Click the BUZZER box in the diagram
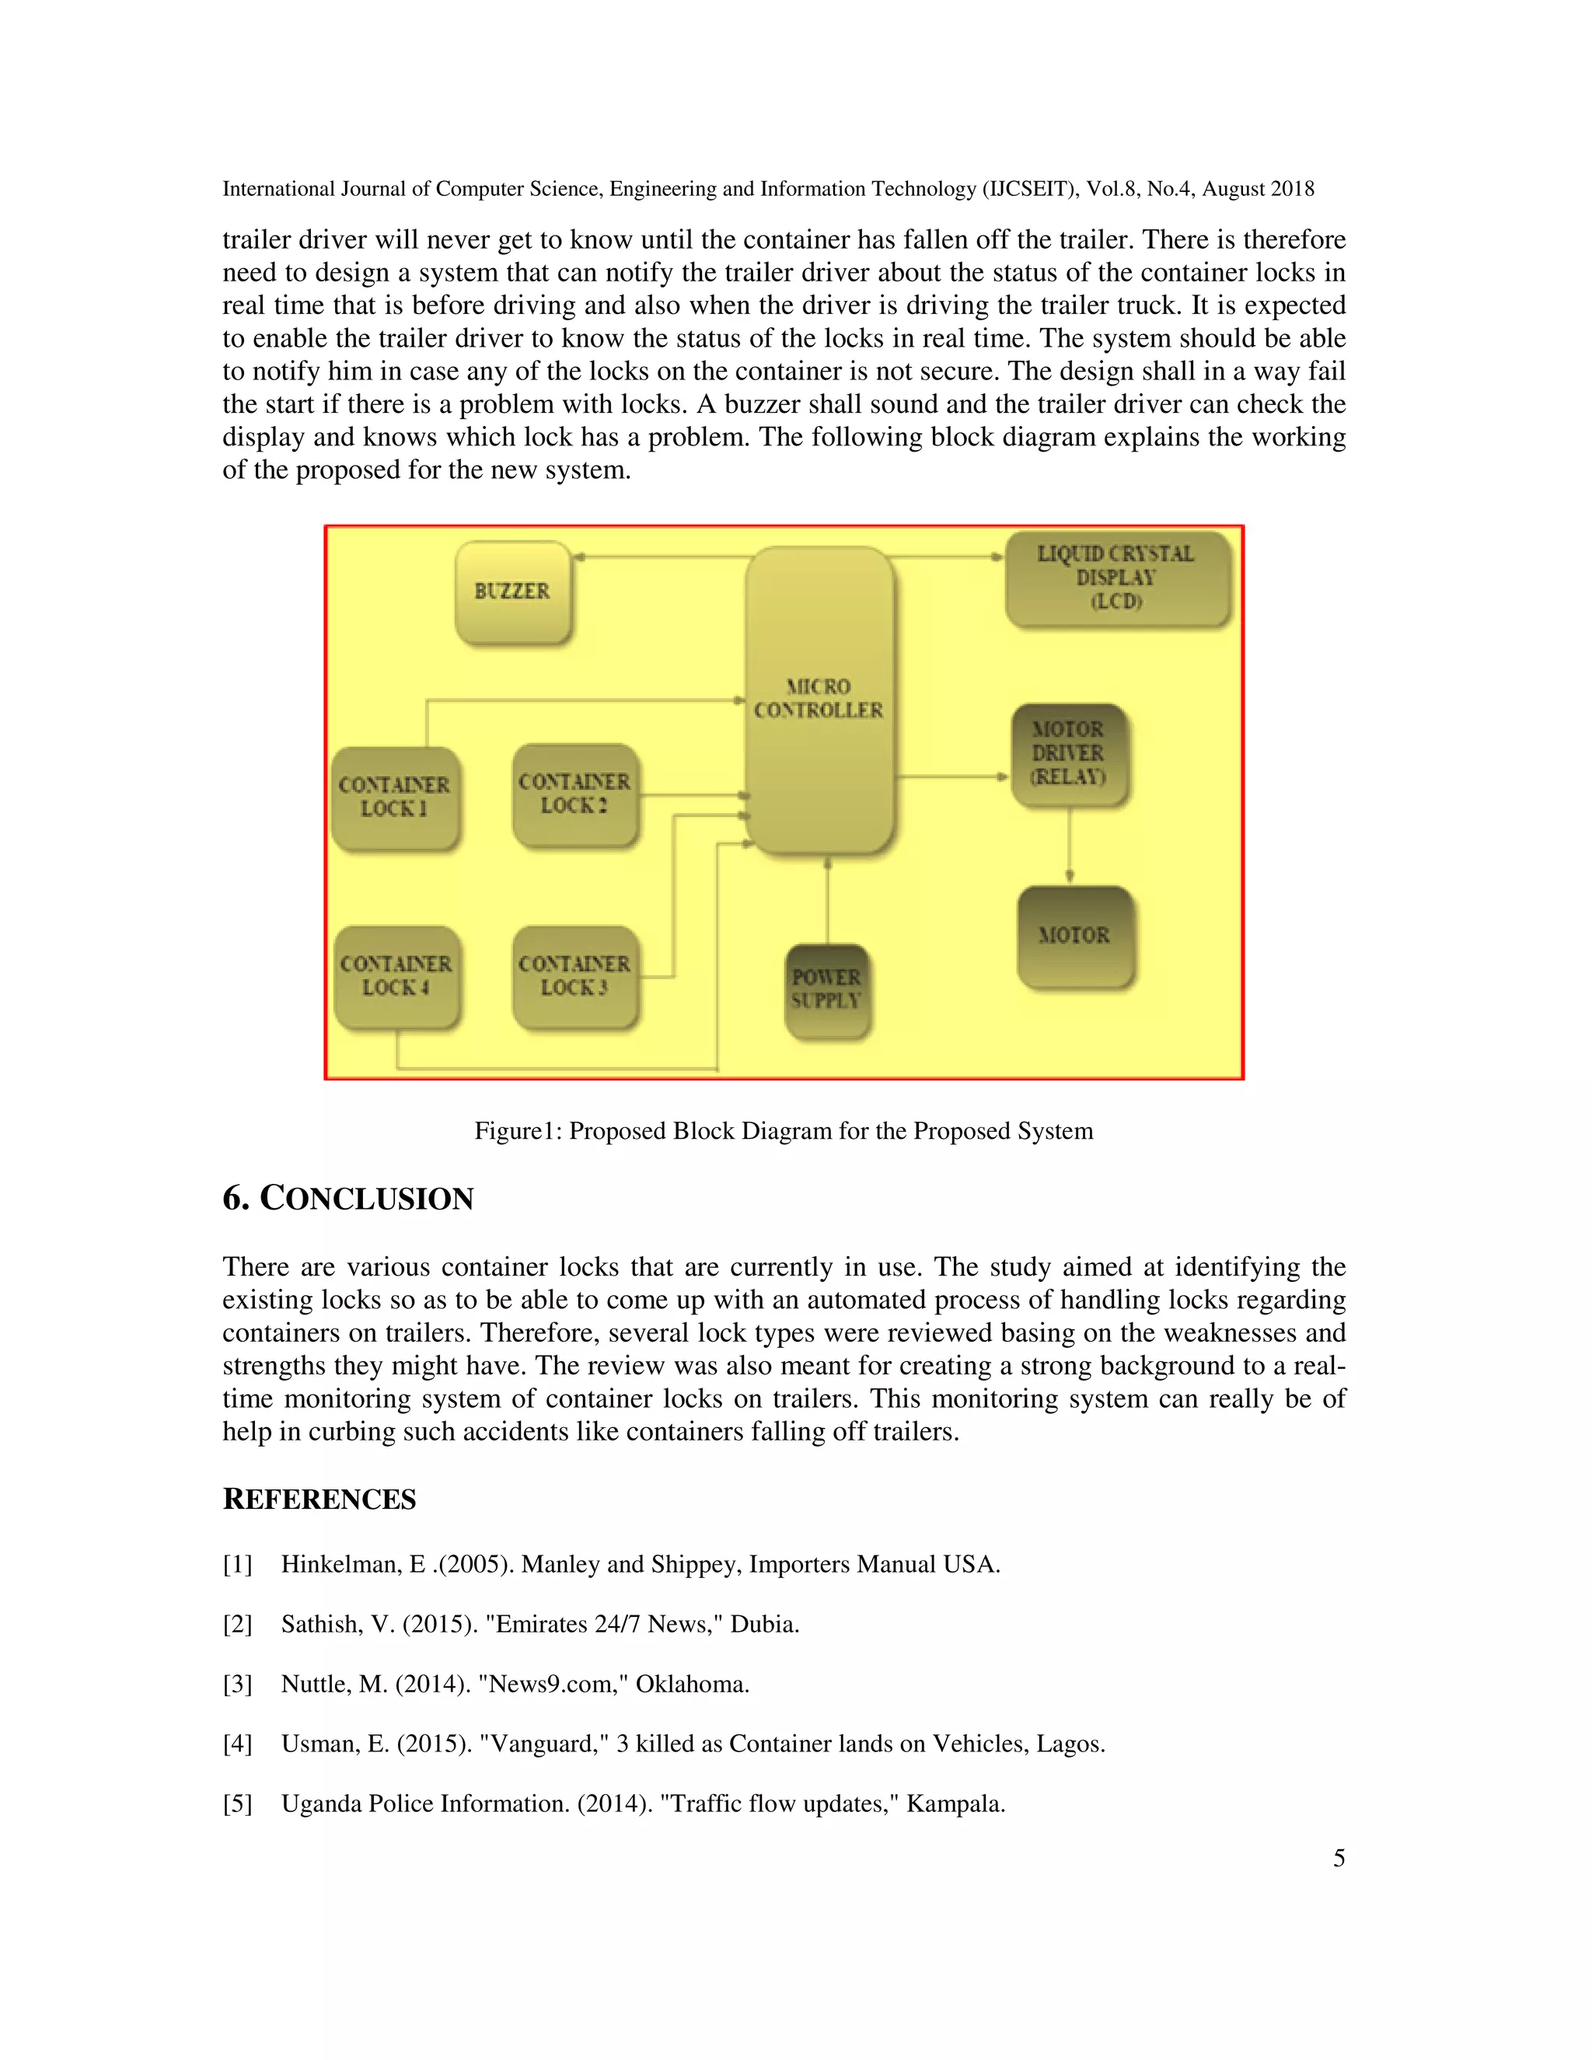pyautogui.click(x=513, y=592)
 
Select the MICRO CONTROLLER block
pyautogui.click(x=819, y=700)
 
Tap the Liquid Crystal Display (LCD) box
pyautogui.click(x=1117, y=578)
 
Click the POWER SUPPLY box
pyautogui.click(x=826, y=990)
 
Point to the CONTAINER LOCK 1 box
pyautogui.click(x=395, y=798)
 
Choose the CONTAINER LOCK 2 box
pyautogui.click(x=574, y=794)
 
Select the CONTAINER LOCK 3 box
pyautogui.click(x=574, y=976)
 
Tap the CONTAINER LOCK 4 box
pyautogui.click(x=396, y=976)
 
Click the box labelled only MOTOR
pyautogui.click(x=1074, y=937)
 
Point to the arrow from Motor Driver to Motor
pyautogui.click(x=1069, y=846)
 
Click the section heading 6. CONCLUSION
pyautogui.click(x=348, y=1199)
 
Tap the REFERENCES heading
pyautogui.click(x=319, y=1500)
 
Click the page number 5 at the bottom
pyautogui.click(x=1339, y=1858)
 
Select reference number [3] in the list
pyautogui.click(x=238, y=1684)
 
